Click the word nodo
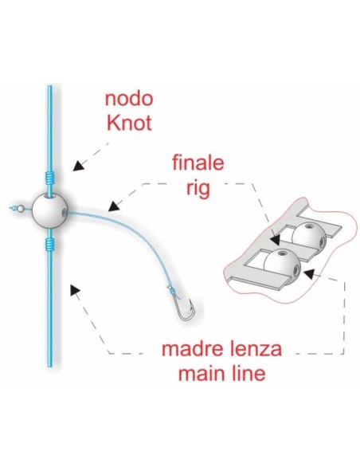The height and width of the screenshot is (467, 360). click(129, 99)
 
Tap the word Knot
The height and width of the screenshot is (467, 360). click(129, 123)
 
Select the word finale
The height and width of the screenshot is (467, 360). click(198, 163)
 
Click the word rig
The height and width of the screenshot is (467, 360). click(198, 188)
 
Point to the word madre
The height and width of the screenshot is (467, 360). click(194, 349)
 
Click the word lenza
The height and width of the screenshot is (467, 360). click(256, 349)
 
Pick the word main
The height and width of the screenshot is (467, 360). click(199, 374)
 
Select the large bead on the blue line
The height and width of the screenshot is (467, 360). click(49, 211)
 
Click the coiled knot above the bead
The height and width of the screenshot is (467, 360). click(49, 178)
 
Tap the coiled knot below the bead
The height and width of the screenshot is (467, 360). click(49, 244)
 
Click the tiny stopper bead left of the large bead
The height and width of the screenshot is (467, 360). click(20, 209)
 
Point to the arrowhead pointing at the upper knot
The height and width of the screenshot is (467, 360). click(78, 166)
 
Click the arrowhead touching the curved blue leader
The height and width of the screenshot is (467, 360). click(113, 206)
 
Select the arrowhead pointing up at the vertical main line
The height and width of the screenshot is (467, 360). click(75, 289)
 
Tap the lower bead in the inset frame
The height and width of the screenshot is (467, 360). click(283, 263)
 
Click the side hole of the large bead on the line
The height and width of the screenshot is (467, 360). click(64, 212)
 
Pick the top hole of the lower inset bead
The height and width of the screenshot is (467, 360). click(280, 253)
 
